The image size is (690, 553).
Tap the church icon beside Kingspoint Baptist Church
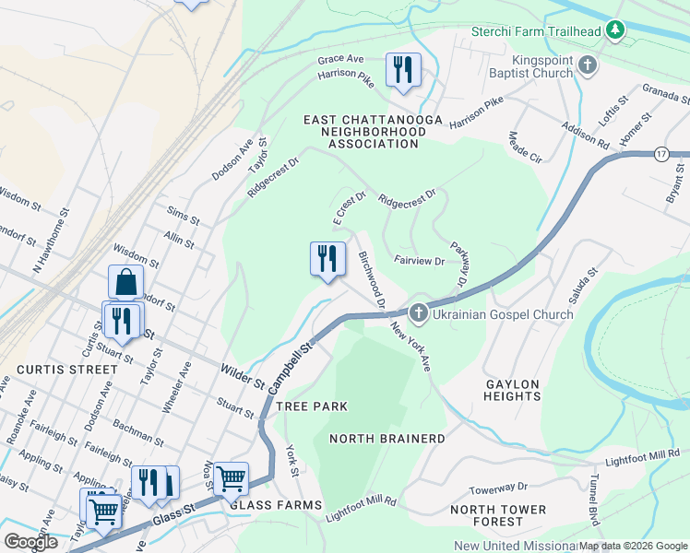[588, 65]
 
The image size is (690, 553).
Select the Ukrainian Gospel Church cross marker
[418, 314]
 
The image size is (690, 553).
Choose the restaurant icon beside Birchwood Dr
[327, 259]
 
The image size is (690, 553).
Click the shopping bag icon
[125, 283]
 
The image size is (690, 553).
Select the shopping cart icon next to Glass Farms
[231, 478]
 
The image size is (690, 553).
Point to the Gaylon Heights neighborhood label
[512, 389]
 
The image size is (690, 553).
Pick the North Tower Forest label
[499, 516]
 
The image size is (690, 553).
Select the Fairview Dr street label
[420, 261]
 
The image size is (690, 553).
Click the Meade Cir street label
[524, 145]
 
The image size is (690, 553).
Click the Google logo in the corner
[31, 542]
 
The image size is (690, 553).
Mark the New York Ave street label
[410, 347]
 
